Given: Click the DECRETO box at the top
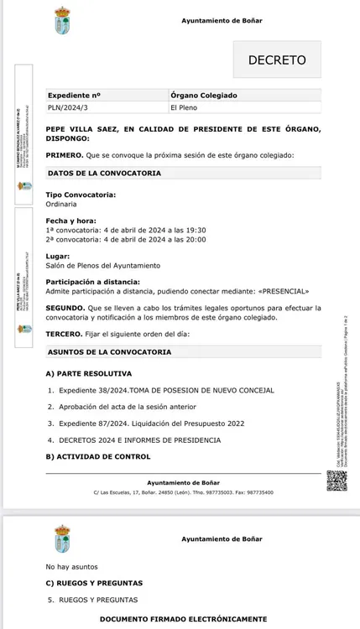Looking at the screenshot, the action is [277, 60].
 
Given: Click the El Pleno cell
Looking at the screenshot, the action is [184, 107].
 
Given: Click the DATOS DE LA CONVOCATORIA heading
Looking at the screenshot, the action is [104, 173].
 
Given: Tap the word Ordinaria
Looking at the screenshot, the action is [61, 202].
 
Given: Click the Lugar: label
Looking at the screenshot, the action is [57, 256].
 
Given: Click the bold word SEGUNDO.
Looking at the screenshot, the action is [64, 308].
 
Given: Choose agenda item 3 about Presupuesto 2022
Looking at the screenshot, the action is [151, 424].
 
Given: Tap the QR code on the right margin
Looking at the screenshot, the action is [336, 481].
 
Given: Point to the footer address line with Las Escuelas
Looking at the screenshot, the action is [183, 492].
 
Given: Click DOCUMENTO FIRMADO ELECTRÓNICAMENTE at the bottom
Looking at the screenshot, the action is [183, 617].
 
